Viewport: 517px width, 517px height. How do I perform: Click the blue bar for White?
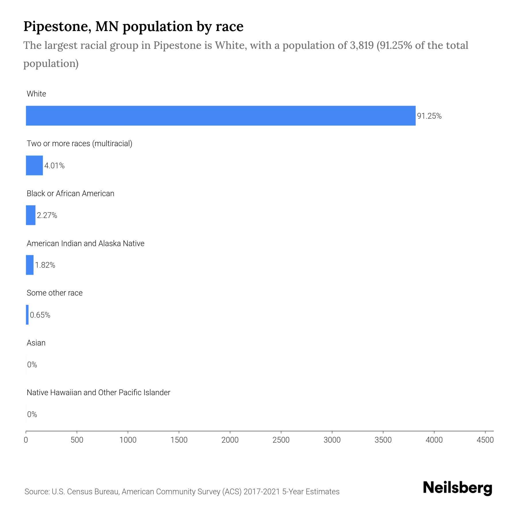tap(221, 116)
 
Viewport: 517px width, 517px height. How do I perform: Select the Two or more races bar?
tap(34, 165)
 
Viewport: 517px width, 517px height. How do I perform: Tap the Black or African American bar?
tap(30, 215)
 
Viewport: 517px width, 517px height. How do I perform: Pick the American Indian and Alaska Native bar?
tap(30, 265)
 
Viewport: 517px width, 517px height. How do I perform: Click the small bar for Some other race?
tap(27, 315)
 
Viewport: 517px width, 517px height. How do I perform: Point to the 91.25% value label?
tap(429, 116)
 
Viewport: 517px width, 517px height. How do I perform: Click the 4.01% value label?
tap(54, 166)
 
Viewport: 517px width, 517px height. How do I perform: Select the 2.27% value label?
tap(47, 215)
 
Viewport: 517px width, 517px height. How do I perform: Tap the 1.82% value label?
tap(45, 265)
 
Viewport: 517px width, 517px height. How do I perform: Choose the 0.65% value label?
tap(40, 315)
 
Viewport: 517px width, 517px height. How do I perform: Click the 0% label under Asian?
tap(32, 365)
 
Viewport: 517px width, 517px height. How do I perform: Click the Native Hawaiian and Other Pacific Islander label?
tap(98, 392)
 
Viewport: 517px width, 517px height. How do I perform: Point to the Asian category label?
tap(36, 343)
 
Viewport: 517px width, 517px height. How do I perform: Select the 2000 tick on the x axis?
tap(230, 440)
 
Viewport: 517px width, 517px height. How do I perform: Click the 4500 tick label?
tap(485, 440)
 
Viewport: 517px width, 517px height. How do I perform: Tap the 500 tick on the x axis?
tap(77, 440)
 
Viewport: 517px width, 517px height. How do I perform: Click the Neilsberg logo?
tap(458, 488)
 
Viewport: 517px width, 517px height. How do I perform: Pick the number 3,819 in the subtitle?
tap(362, 45)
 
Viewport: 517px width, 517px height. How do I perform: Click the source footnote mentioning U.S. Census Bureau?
tap(182, 492)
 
